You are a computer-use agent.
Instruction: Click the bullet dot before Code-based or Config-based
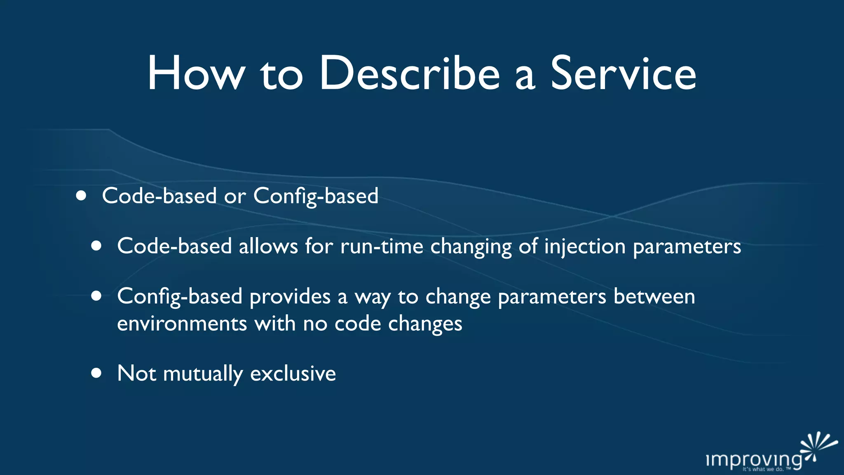click(81, 195)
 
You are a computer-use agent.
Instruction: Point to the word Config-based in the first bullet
click(316, 196)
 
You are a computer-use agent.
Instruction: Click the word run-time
click(382, 247)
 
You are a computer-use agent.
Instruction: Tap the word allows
click(268, 247)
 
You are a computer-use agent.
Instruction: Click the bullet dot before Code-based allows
click(96, 246)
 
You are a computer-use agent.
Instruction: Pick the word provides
click(290, 297)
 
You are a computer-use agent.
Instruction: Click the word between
click(654, 296)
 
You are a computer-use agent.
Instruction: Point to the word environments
click(182, 324)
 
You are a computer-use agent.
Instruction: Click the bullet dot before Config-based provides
click(96, 296)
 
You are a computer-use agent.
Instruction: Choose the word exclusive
click(293, 374)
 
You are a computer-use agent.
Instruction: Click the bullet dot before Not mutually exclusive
click(96, 373)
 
